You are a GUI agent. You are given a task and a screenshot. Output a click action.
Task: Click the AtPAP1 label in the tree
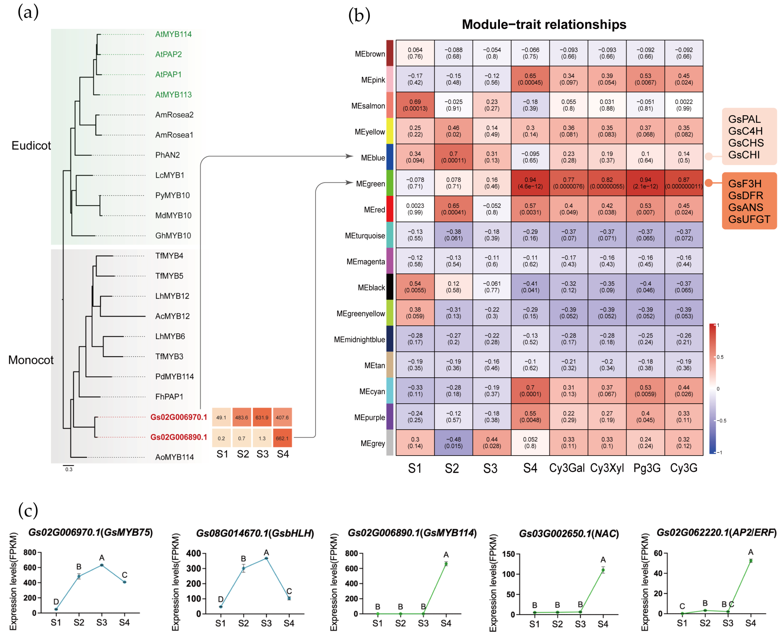168,75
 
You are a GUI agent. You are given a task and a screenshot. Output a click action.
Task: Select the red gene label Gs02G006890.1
179,437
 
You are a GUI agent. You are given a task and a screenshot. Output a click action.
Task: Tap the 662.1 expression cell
282,438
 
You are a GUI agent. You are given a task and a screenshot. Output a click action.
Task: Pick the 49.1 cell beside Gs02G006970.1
221,417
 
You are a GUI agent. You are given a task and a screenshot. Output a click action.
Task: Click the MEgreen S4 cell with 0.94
530,183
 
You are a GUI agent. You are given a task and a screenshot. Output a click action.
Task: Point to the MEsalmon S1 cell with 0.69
415,105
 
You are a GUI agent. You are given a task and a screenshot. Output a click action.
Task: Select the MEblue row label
373,158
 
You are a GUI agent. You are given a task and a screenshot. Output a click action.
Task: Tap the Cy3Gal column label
567,468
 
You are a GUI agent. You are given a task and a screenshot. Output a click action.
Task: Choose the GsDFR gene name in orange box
745,196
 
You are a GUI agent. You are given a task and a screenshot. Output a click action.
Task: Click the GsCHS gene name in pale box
746,143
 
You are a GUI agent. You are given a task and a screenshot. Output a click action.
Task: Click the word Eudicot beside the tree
31,146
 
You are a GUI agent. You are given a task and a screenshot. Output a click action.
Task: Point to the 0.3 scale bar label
69,469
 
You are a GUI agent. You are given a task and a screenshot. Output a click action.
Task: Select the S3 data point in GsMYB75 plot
102,565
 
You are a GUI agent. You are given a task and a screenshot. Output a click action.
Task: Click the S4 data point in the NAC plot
603,570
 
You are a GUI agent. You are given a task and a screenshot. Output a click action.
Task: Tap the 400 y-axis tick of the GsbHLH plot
193,553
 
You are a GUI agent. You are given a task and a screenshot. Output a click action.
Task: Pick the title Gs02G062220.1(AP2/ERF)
716,533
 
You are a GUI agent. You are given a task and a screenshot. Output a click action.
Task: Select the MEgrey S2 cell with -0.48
453,443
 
